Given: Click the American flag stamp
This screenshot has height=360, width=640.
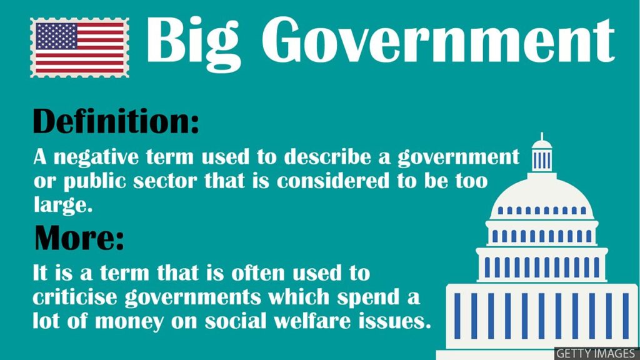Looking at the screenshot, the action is pyautogui.click(x=79, y=47).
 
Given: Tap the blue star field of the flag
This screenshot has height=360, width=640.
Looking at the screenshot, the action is pyautogui.click(x=56, y=36).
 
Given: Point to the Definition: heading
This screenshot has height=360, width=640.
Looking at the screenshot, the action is pyautogui.click(x=116, y=121).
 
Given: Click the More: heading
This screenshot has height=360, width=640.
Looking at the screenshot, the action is pyautogui.click(x=79, y=237).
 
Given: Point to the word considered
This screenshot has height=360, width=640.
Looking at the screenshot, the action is pyautogui.click(x=333, y=181).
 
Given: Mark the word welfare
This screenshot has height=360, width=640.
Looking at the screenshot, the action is pyautogui.click(x=312, y=321).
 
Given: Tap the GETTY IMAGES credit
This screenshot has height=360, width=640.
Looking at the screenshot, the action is pyautogui.click(x=596, y=354).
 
